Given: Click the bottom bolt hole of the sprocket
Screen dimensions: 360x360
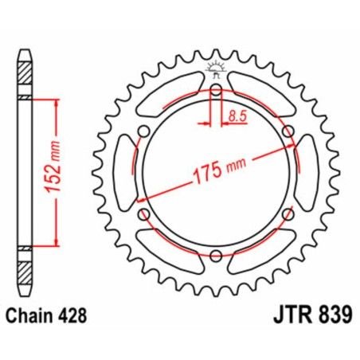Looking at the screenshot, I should (x=216, y=255).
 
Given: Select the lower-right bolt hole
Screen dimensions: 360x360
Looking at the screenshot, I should (x=288, y=213).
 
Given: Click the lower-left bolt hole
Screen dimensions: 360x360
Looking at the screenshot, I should (x=144, y=213).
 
